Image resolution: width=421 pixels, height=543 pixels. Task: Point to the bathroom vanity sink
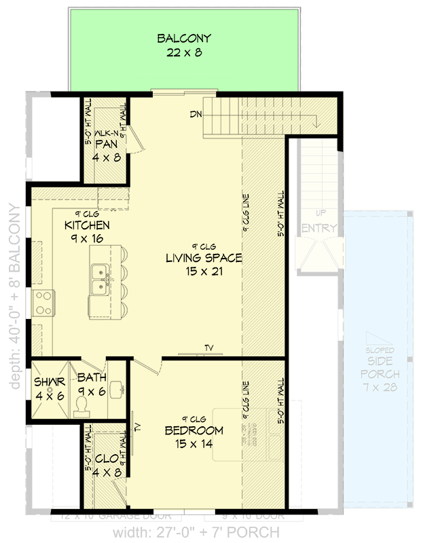117,389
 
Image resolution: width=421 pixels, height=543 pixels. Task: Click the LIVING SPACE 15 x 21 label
204,265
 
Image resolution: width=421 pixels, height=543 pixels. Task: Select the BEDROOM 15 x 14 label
194,437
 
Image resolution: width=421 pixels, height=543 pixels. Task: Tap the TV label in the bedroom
137,427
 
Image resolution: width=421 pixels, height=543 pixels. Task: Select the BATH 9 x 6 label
91,383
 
